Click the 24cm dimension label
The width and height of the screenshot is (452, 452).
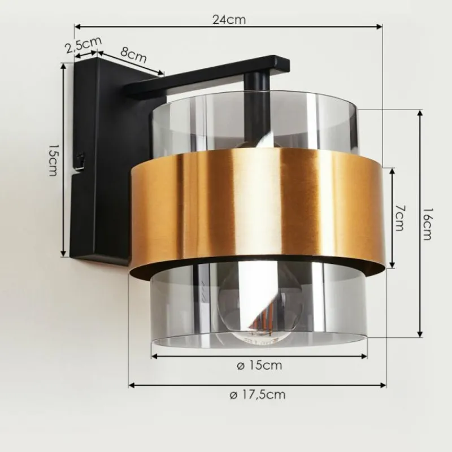[x=229, y=20]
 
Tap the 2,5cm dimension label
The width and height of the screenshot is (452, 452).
[x=83, y=45]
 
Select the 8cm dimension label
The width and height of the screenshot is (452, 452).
[x=133, y=55]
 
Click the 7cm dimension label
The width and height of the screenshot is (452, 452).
[x=400, y=218]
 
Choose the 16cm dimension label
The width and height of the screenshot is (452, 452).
[x=427, y=224]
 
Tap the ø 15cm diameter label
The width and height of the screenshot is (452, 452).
[x=259, y=366]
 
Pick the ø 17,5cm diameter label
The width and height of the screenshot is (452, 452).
[x=258, y=394]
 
